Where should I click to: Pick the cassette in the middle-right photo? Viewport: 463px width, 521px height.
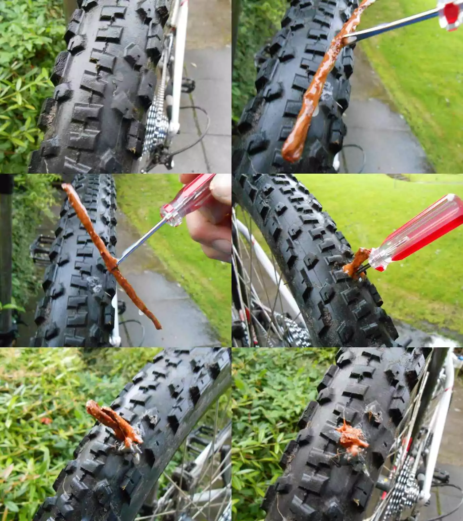tap(295, 331)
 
